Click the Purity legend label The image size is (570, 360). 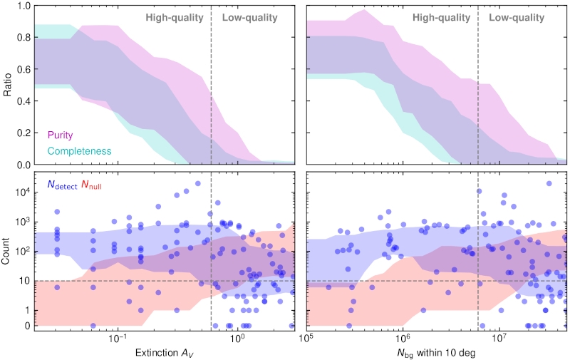[60, 134]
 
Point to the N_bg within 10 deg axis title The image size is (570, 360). [436, 351]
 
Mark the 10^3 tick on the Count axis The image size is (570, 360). [21, 221]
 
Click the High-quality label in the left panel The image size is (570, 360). [174, 16]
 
